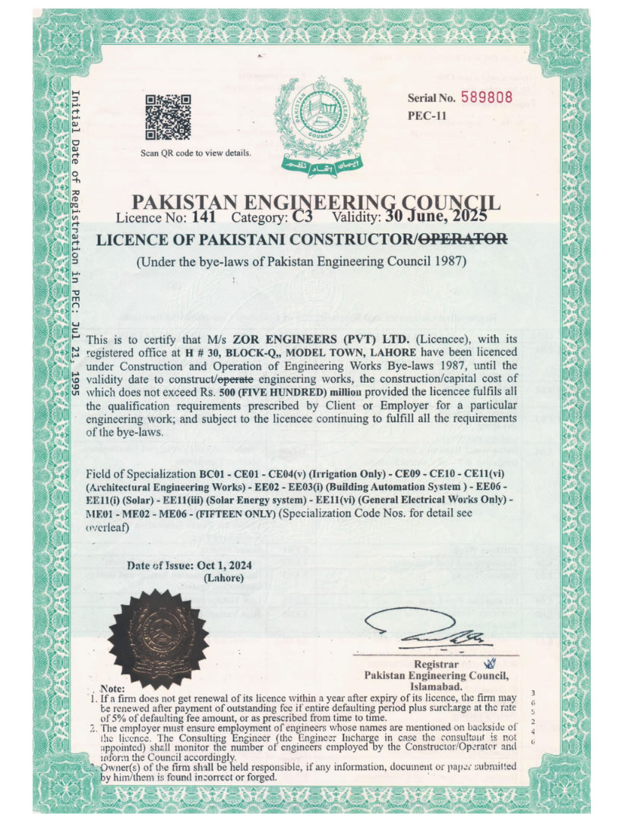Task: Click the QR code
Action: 168,117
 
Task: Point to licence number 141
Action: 205,217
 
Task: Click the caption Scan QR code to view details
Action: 195,153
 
